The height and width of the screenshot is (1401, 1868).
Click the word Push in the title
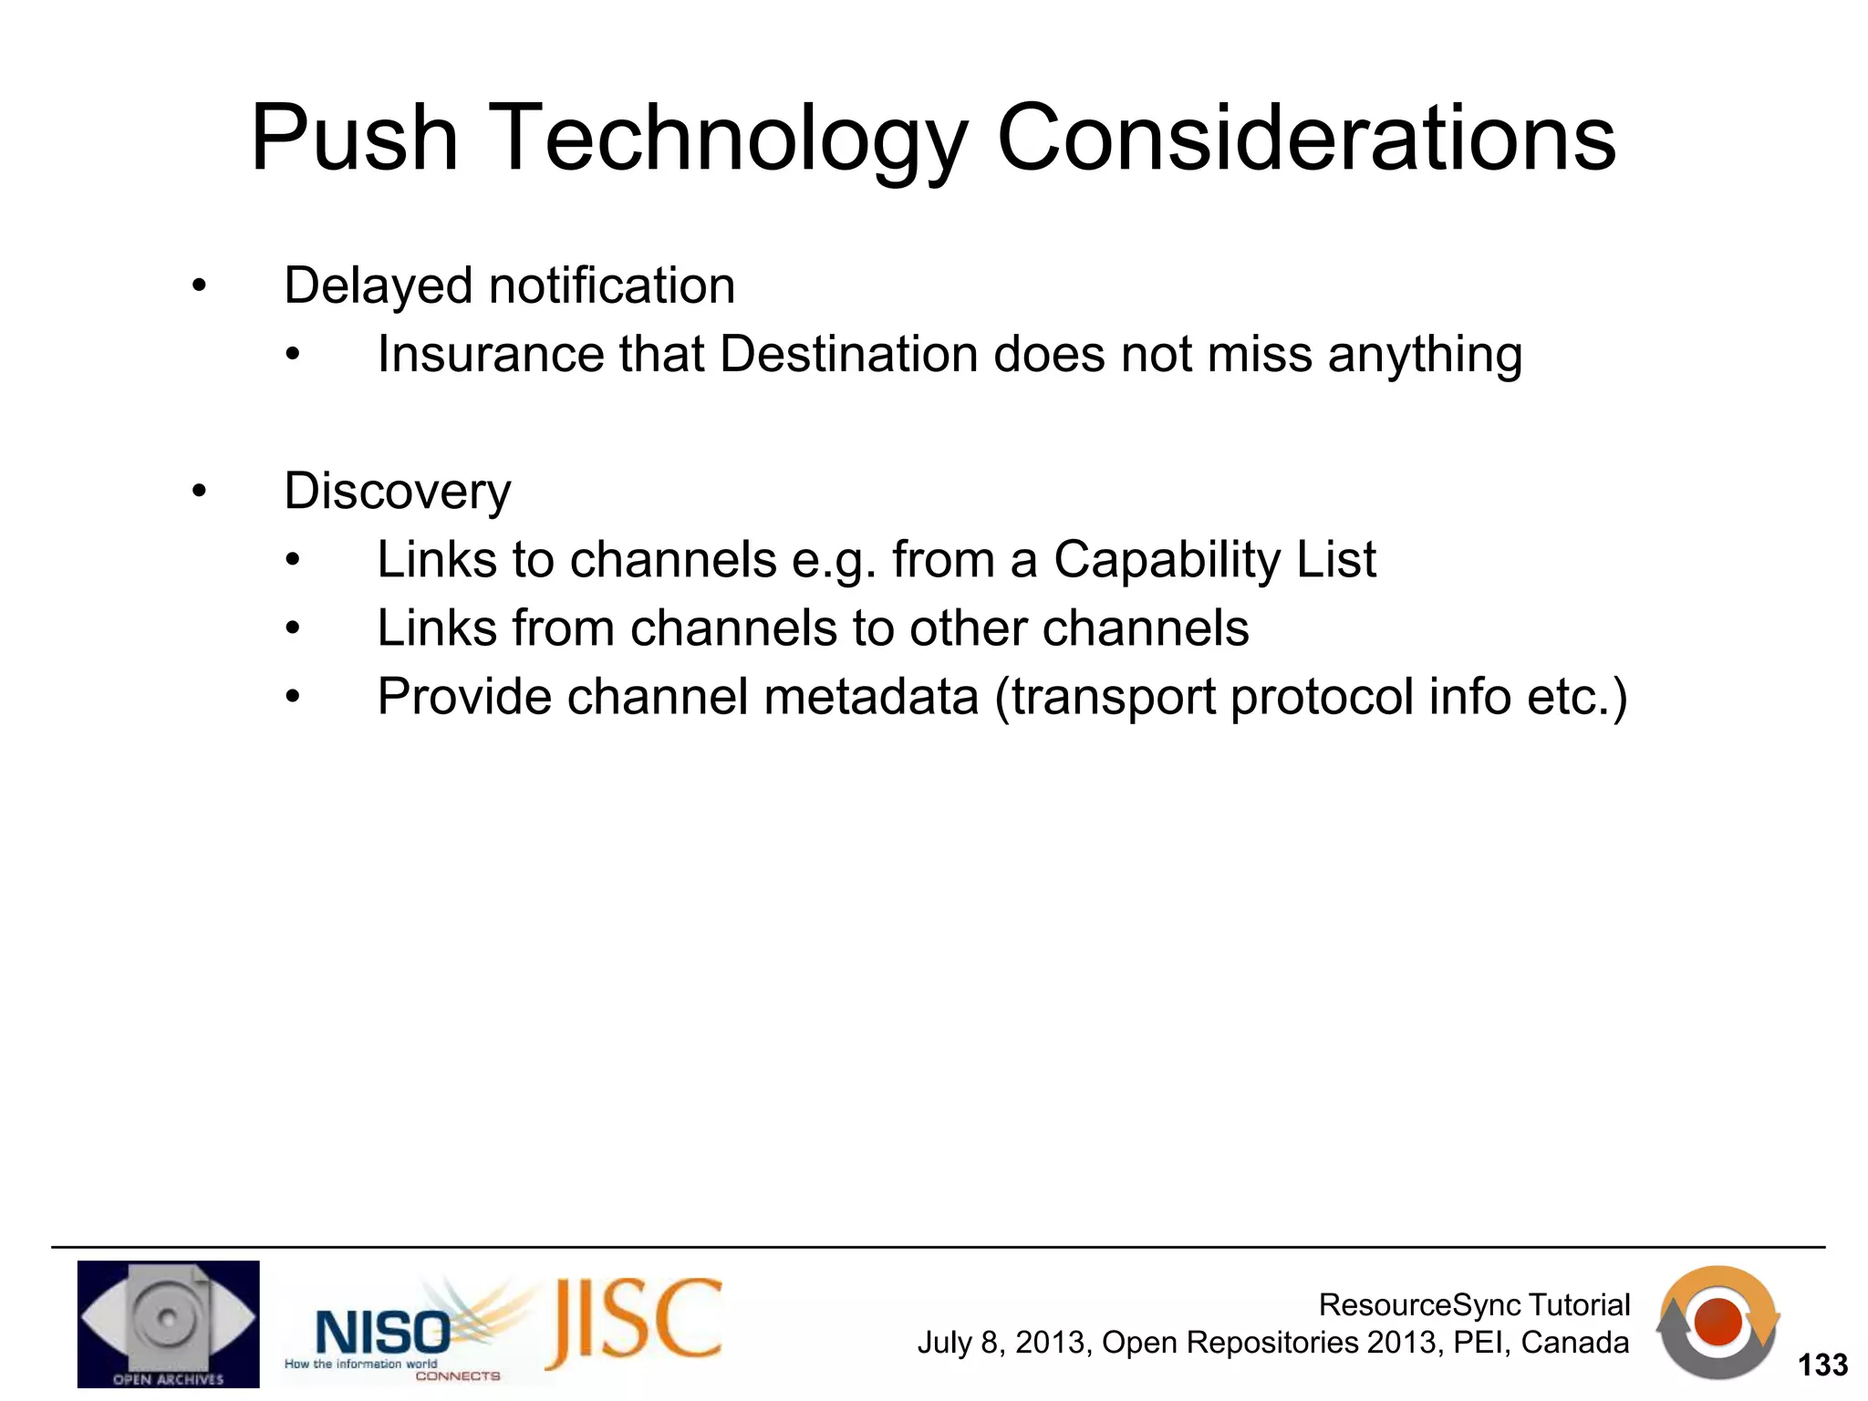point(354,139)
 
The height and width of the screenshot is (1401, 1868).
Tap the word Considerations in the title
point(1306,139)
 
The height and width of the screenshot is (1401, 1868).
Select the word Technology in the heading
point(726,139)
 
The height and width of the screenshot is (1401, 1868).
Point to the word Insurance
point(490,354)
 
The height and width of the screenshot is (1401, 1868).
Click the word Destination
point(848,354)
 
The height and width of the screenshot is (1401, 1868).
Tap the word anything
point(1425,356)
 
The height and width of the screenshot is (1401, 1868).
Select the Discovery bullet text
point(398,492)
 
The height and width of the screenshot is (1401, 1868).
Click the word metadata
point(871,697)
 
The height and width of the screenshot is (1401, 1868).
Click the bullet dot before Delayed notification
point(200,286)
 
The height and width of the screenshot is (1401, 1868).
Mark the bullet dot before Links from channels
point(292,628)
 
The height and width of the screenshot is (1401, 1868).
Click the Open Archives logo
point(168,1324)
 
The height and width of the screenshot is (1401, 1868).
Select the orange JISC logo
point(635,1323)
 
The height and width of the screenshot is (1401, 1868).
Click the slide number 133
point(1821,1365)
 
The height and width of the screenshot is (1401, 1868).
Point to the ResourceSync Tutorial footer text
point(1474,1305)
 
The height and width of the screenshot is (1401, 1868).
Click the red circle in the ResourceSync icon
point(1718,1322)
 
